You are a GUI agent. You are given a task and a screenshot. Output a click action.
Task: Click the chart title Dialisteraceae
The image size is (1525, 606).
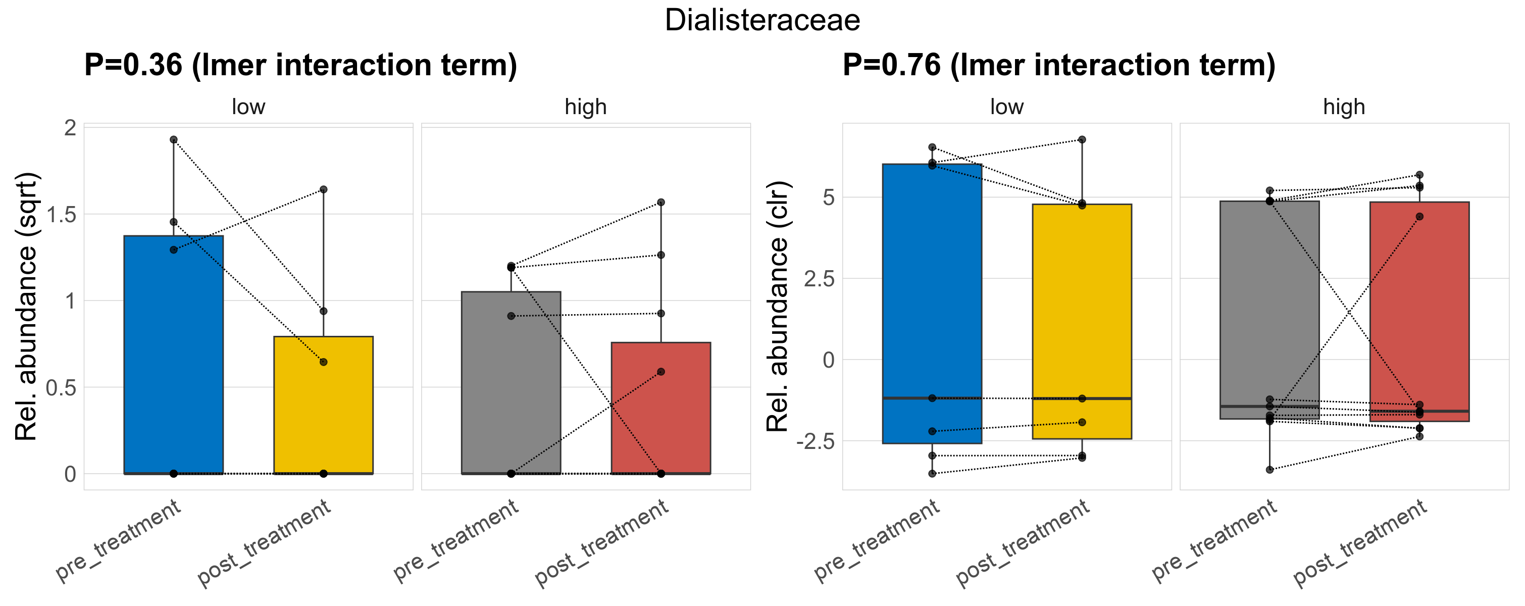point(762,20)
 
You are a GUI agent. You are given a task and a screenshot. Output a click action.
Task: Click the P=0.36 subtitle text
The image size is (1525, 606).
point(300,65)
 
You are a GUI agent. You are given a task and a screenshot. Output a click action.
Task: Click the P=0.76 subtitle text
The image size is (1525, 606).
point(1058,65)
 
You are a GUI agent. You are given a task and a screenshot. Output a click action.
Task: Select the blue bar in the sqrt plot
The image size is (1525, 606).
point(174,355)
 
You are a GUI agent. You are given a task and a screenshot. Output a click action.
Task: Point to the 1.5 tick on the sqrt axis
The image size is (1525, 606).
point(62,215)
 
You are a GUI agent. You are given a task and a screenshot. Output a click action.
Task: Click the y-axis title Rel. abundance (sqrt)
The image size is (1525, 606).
point(26,307)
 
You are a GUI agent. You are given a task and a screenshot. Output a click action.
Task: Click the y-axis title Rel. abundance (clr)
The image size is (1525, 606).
point(777,307)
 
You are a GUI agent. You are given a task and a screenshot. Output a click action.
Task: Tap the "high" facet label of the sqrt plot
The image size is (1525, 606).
point(585,107)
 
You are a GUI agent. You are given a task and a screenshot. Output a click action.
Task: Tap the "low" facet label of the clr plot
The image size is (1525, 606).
point(1006,107)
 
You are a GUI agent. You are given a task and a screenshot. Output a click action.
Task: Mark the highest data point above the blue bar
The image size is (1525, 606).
point(174,140)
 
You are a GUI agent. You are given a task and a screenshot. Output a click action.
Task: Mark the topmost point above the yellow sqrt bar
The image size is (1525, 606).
point(323,189)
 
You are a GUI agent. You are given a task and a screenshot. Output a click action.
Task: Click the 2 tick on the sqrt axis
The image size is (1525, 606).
point(71,128)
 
